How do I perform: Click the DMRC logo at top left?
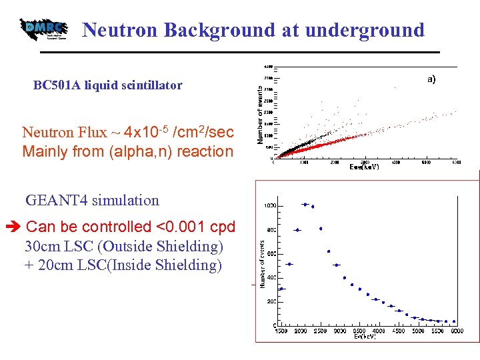click(44, 29)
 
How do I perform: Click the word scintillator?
click(151, 85)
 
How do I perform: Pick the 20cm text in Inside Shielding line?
click(51, 265)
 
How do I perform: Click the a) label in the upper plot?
click(431, 79)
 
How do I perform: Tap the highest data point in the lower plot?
click(305, 204)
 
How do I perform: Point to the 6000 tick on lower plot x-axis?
click(457, 331)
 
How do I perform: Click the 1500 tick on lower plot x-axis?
click(281, 331)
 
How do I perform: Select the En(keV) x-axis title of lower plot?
click(366, 337)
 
